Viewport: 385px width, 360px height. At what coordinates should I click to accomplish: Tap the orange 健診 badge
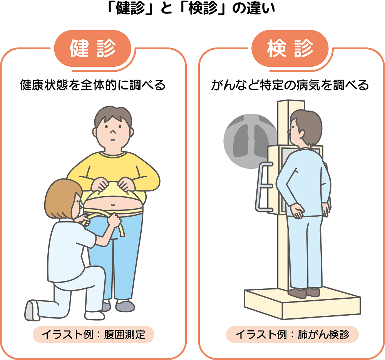[x=92, y=49]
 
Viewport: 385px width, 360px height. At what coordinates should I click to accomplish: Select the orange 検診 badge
[x=290, y=49]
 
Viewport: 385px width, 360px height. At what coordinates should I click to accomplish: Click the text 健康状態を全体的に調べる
[x=93, y=85]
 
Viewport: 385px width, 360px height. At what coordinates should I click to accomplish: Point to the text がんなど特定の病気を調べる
[x=290, y=85]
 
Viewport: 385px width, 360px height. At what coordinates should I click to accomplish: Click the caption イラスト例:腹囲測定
[x=94, y=335]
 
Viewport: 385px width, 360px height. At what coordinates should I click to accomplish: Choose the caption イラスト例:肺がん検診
[x=293, y=335]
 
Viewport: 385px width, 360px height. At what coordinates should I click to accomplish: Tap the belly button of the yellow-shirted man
[x=113, y=204]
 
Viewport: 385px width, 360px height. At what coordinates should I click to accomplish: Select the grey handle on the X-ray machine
[x=263, y=187]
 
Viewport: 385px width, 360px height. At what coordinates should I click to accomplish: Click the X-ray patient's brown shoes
[x=304, y=293]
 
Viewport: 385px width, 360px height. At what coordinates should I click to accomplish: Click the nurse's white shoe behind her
[x=32, y=310]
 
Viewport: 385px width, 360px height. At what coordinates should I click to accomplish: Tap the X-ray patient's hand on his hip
[x=298, y=211]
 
